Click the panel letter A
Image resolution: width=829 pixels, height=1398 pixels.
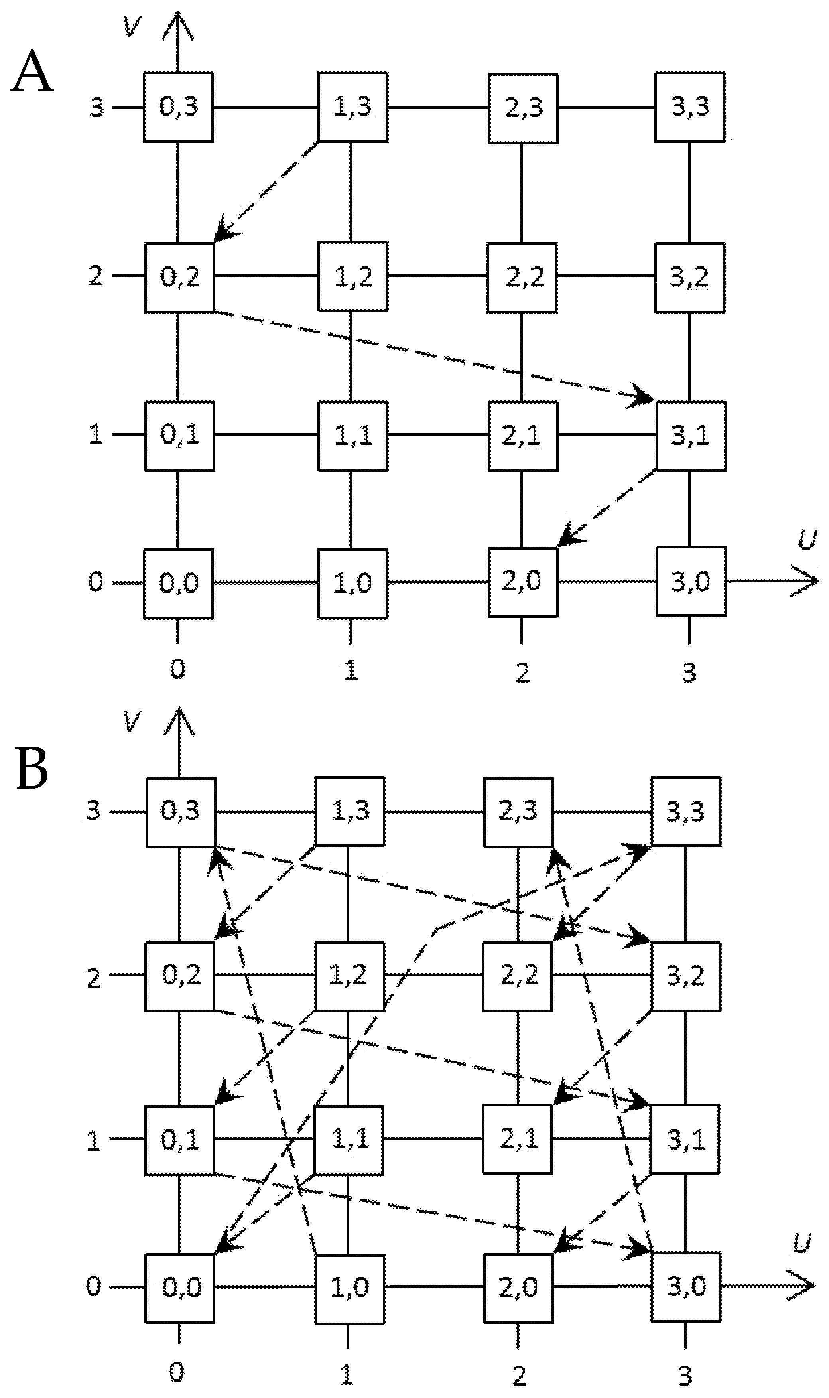[32, 71]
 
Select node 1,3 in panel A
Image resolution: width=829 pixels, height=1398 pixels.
[352, 107]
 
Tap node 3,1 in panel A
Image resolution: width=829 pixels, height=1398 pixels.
[691, 436]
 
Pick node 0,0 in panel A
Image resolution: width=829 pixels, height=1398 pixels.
[178, 584]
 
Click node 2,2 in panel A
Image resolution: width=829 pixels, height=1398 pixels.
[522, 278]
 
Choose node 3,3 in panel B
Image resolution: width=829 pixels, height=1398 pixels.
[686, 811]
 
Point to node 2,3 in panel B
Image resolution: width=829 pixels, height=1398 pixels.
[518, 811]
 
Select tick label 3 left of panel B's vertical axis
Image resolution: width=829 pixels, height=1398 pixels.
[93, 811]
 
